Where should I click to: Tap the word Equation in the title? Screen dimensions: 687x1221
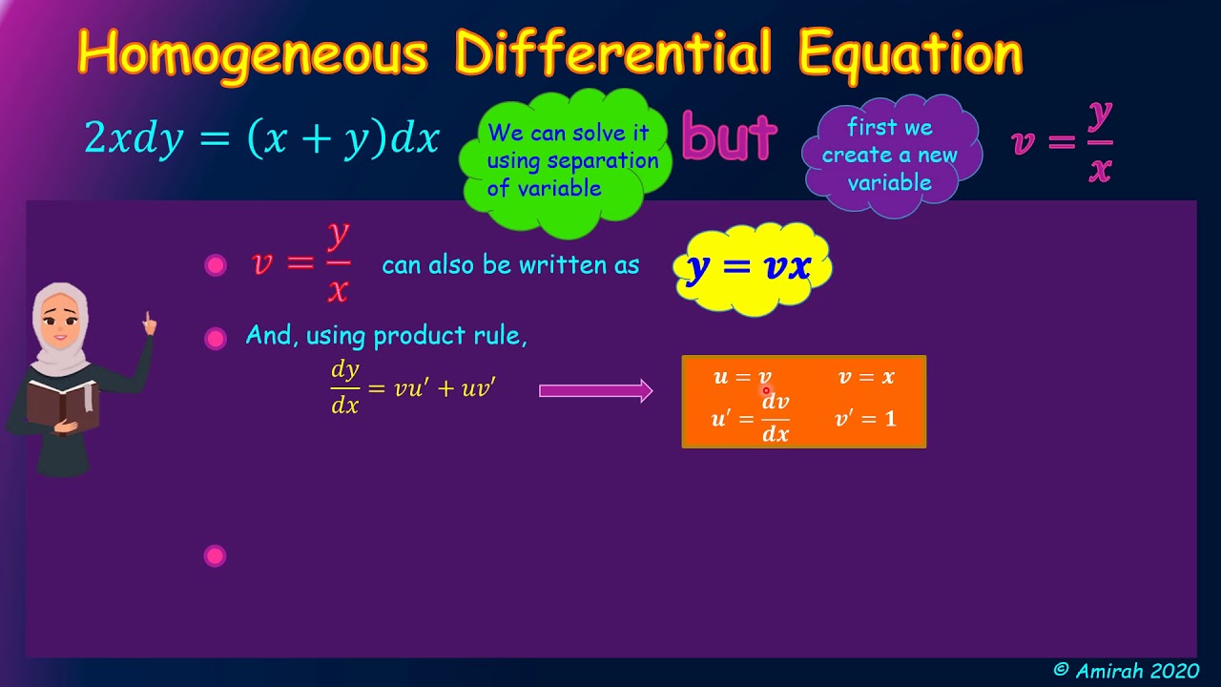pyautogui.click(x=910, y=53)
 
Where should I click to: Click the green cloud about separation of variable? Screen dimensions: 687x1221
pyautogui.click(x=567, y=160)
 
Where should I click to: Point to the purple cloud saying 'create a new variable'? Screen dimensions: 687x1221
pyautogui.click(x=890, y=155)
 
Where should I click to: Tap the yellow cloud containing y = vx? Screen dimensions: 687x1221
pyautogui.click(x=750, y=267)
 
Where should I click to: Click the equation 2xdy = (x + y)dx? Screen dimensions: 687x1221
pyautogui.click(x=261, y=139)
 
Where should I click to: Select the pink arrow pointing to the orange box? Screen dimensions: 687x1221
pyautogui.click(x=595, y=390)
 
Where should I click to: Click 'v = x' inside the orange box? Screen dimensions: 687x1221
pyautogui.click(x=866, y=377)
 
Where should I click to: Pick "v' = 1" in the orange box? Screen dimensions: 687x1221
pyautogui.click(x=866, y=419)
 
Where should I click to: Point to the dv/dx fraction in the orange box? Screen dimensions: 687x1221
pyautogui.click(x=776, y=419)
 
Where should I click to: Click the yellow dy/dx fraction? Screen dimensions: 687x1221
pyautogui.click(x=344, y=387)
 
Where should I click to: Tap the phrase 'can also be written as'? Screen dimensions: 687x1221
pyautogui.click(x=510, y=265)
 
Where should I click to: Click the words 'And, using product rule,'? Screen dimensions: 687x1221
pyautogui.click(x=386, y=336)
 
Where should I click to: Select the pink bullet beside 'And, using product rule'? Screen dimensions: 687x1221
pyautogui.click(x=216, y=338)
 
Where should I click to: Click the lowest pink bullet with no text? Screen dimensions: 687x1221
pyautogui.click(x=216, y=555)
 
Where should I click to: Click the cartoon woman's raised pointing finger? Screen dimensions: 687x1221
pyautogui.click(x=149, y=321)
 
